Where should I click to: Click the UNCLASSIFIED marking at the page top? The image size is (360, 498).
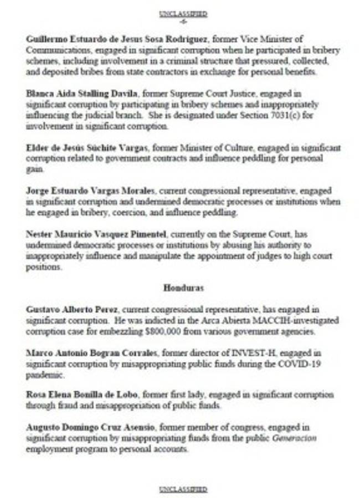(x=183, y=13)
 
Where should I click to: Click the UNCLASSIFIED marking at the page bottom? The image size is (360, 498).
(x=183, y=489)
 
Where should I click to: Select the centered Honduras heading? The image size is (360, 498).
(x=183, y=288)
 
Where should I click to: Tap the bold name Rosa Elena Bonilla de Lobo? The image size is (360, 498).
(x=83, y=395)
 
